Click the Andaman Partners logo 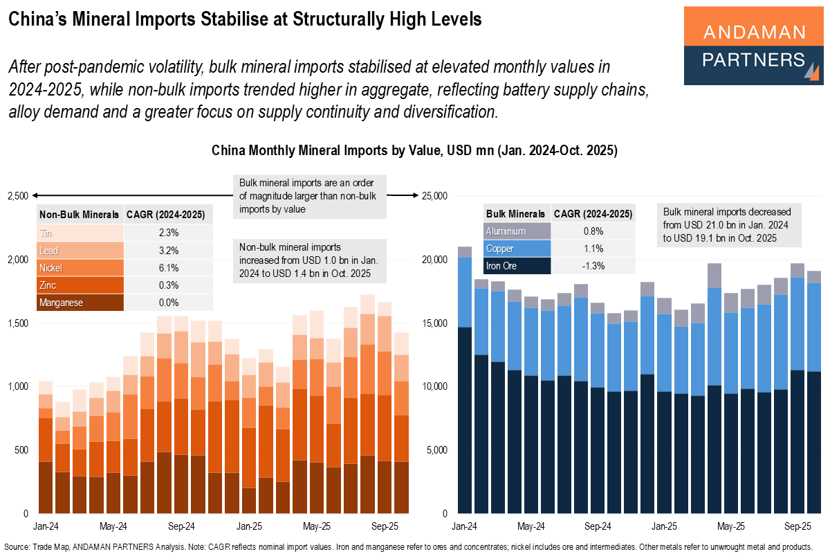[x=753, y=46]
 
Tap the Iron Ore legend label [x=502, y=266]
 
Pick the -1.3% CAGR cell [x=593, y=266]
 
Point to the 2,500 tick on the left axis [x=17, y=196]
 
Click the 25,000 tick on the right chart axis [x=435, y=196]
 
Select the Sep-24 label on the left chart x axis [x=181, y=525]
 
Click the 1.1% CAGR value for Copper [x=593, y=249]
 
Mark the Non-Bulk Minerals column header [x=79, y=214]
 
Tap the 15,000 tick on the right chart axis [x=435, y=323]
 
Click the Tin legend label [x=46, y=232]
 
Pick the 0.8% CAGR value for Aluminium [x=593, y=231]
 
